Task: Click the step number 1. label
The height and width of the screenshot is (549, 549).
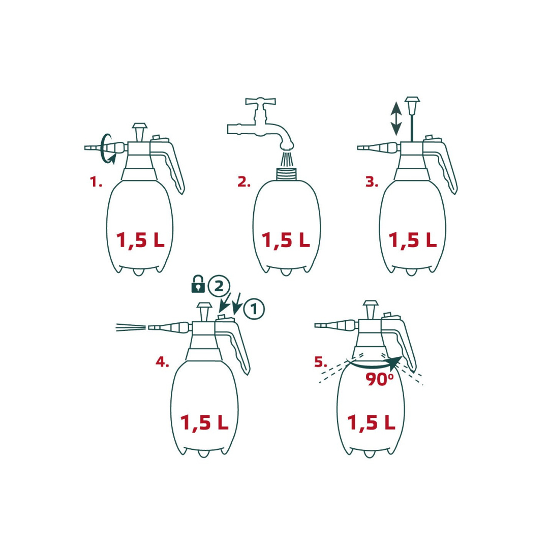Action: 96,181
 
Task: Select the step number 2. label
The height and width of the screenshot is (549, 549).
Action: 244,181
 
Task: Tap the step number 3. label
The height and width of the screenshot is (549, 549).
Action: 372,181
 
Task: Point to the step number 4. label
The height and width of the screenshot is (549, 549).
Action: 162,362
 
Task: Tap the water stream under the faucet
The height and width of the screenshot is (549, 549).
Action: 286,159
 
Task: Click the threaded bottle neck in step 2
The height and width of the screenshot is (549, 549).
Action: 286,174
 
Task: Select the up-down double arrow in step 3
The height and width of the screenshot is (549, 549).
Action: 396,117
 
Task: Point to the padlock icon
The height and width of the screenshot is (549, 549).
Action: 198,284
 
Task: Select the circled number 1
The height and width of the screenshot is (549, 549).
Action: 254,309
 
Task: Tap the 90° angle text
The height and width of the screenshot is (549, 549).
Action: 380,379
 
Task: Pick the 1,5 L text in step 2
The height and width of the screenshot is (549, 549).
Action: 286,240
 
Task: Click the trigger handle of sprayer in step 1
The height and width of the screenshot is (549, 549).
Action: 173,168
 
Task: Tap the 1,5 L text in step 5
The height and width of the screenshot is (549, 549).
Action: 371,422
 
